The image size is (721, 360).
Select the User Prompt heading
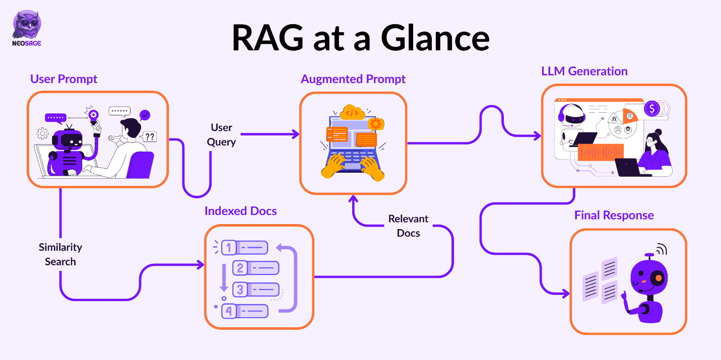[x=63, y=79]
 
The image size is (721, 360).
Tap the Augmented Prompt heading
[x=353, y=79]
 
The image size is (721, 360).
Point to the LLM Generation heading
[x=584, y=71]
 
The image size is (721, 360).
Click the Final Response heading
[x=614, y=215]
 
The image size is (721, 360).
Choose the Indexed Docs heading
[x=240, y=210]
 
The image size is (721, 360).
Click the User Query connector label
[x=221, y=134]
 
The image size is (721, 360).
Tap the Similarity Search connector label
[x=60, y=254]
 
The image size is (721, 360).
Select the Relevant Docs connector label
[x=408, y=226]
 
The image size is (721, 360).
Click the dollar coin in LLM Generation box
[x=652, y=108]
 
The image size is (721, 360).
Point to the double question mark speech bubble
[x=150, y=136]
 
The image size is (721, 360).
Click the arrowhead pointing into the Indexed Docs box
[x=201, y=264]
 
